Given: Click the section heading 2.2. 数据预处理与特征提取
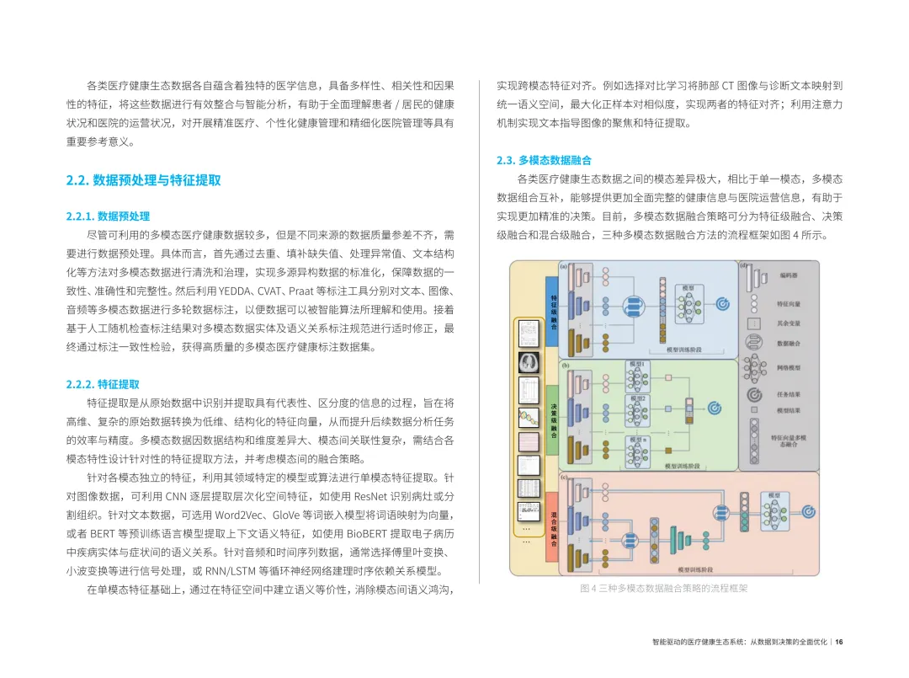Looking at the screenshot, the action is pos(144,180).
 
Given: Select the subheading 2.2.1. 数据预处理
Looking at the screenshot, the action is pos(108,216).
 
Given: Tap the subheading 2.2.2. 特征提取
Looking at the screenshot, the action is pos(104,384).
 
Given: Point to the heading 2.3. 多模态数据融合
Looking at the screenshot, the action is pos(544,160).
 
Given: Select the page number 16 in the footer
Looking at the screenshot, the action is pos(838,641).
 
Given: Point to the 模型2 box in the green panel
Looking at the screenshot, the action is pos(637,398).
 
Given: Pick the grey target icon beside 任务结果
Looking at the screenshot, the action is pos(754,393).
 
